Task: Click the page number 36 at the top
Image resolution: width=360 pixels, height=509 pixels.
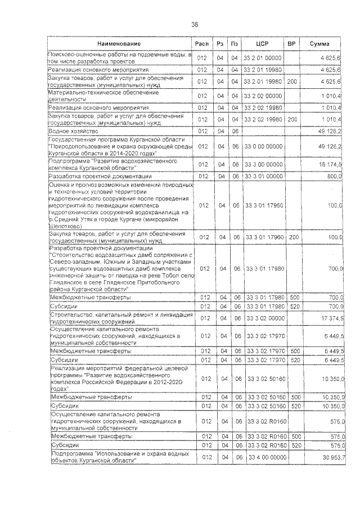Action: click(x=195, y=24)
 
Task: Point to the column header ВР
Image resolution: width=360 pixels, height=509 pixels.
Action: click(x=292, y=44)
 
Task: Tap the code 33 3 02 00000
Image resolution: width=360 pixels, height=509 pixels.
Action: click(x=263, y=318)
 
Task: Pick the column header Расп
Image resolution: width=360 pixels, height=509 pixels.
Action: click(x=202, y=44)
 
